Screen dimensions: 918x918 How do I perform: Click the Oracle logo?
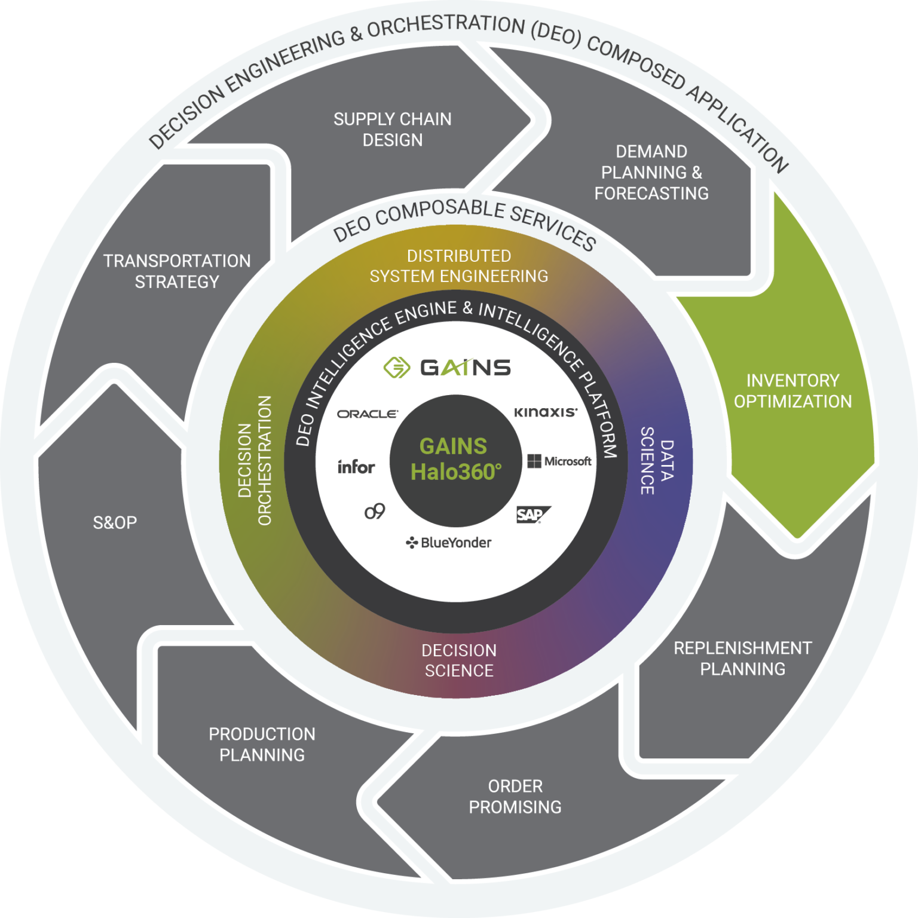[367, 414]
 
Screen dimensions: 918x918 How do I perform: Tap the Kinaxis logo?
[546, 412]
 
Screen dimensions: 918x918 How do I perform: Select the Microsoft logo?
[559, 461]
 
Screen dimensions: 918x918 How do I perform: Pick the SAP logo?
[532, 515]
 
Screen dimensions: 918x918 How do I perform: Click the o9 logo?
[375, 512]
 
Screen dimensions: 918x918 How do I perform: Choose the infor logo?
[356, 467]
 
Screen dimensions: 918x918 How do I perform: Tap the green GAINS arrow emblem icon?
[397, 368]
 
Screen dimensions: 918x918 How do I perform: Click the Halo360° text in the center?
[456, 472]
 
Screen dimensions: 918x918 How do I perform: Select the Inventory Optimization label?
[792, 391]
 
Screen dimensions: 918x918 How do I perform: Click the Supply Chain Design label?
[392, 130]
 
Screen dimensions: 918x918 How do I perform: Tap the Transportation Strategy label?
[177, 271]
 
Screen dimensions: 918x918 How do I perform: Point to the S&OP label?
[115, 523]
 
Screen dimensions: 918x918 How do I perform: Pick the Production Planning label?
[262, 745]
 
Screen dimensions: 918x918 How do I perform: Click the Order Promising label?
[515, 797]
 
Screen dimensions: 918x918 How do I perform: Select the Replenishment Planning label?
[742, 659]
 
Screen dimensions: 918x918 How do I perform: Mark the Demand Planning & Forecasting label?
[651, 173]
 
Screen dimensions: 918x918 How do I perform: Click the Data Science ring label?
[656, 461]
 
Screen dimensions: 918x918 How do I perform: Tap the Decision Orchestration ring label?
[255, 461]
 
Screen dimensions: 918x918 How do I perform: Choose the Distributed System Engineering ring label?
[458, 266]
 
